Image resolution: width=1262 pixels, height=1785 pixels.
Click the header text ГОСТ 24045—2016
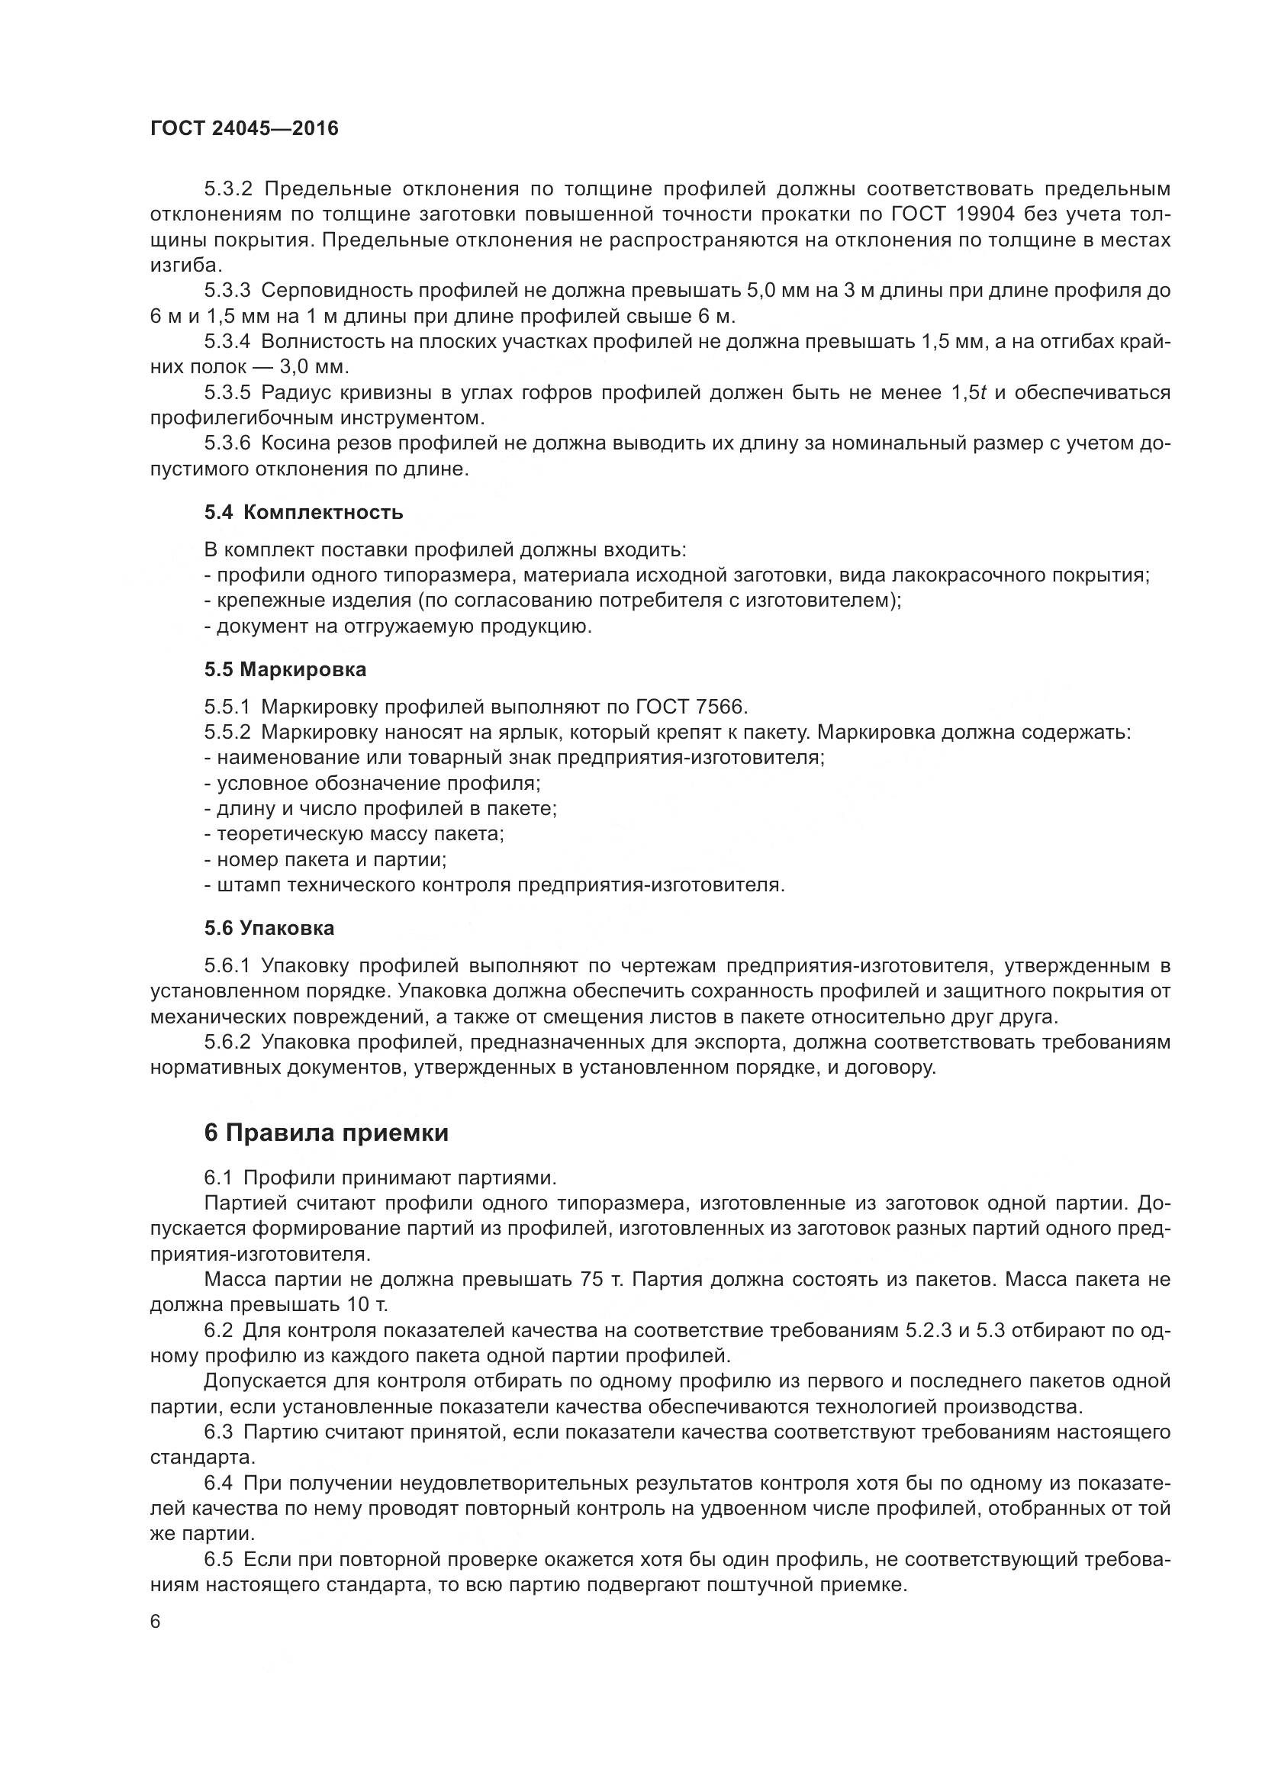[x=244, y=129]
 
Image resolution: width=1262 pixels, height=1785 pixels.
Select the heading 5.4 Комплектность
[x=304, y=512]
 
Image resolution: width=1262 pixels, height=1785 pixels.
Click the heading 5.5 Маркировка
[x=285, y=669]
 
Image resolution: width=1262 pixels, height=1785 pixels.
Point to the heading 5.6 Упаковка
[x=269, y=928]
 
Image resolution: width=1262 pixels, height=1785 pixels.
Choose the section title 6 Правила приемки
[x=327, y=1133]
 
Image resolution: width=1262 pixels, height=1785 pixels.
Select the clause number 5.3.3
[x=227, y=291]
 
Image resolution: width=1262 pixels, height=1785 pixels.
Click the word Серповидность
[x=338, y=291]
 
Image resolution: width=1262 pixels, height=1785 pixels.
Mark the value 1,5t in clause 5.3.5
[x=968, y=392]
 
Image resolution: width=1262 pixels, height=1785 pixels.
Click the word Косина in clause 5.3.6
[x=291, y=443]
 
